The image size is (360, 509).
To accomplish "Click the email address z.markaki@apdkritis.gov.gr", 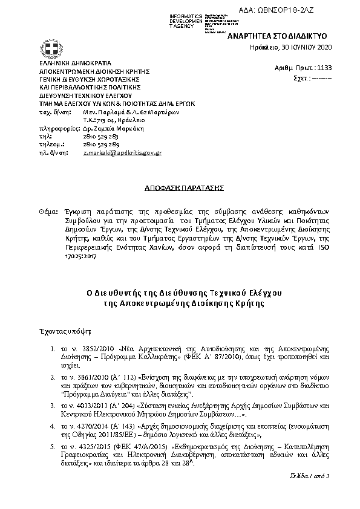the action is click(x=122, y=153).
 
